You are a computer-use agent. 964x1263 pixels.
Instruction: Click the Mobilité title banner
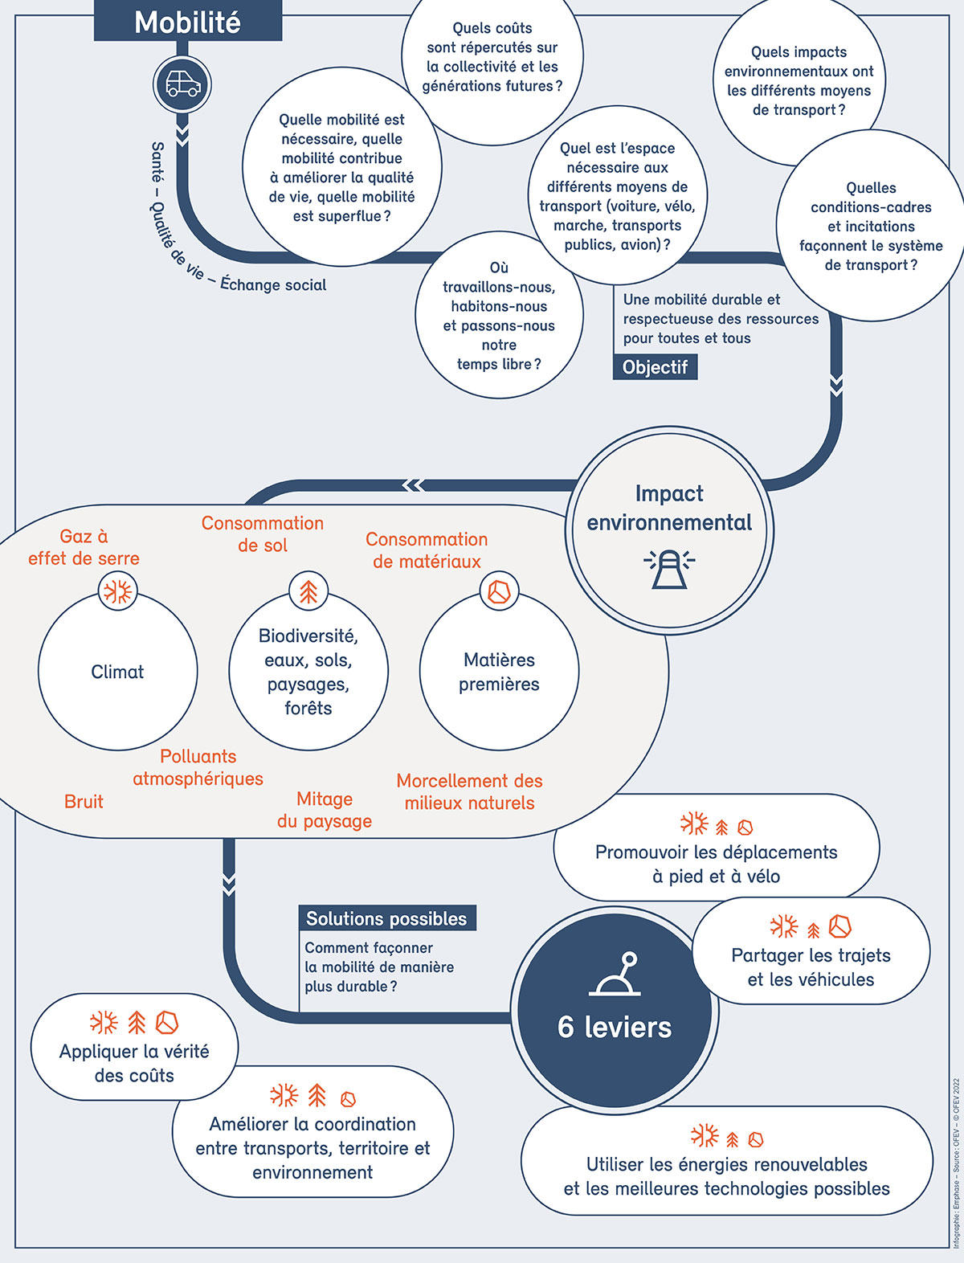tap(187, 21)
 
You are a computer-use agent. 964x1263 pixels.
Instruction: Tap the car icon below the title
tap(182, 84)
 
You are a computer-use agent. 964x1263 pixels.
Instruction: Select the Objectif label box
tap(656, 367)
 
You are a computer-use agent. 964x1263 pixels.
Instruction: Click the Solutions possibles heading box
tap(387, 918)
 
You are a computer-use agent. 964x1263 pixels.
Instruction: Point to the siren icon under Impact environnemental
tap(669, 569)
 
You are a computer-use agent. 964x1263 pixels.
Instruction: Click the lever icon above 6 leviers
tap(615, 974)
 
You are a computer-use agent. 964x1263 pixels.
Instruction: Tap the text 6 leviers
tap(615, 1027)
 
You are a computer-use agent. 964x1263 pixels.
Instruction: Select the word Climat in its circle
tap(117, 672)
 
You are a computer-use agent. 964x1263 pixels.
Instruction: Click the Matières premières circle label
tap(499, 672)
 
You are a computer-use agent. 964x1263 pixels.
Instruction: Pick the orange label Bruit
tap(84, 802)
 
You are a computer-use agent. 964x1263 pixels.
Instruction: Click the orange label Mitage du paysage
tap(325, 810)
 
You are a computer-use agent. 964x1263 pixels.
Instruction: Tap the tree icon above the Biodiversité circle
tap(308, 591)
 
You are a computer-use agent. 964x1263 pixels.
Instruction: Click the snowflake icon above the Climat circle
tap(118, 591)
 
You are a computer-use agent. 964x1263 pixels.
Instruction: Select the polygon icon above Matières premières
tap(499, 591)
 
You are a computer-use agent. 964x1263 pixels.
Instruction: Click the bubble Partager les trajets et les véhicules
tap(811, 950)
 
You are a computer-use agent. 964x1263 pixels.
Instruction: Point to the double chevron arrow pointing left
tap(413, 485)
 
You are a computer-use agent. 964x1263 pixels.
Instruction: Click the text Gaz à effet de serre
tap(84, 547)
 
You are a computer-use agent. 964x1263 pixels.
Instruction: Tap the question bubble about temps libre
tap(499, 315)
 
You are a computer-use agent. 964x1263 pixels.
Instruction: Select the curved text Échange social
tap(273, 284)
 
